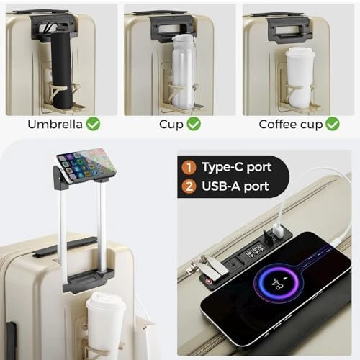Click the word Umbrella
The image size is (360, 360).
tap(55, 125)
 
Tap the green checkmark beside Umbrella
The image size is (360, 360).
tap(94, 124)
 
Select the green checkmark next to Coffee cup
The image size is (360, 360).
tap(333, 124)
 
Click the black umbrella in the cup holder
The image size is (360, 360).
tap(62, 70)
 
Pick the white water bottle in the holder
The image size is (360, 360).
tap(184, 72)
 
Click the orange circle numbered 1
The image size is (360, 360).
tap(189, 167)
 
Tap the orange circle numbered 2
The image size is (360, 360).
tap(189, 186)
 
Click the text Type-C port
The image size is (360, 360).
tap(237, 167)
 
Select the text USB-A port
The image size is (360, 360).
tap(235, 186)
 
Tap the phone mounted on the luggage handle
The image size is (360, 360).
tap(86, 165)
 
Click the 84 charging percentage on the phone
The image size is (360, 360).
tap(278, 284)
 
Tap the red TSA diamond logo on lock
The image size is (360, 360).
tap(208, 280)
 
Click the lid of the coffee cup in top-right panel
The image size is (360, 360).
tap(300, 53)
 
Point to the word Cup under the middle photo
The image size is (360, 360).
tap(171, 125)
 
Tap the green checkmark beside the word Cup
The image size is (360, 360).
tap(194, 124)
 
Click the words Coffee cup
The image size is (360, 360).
tap(291, 125)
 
